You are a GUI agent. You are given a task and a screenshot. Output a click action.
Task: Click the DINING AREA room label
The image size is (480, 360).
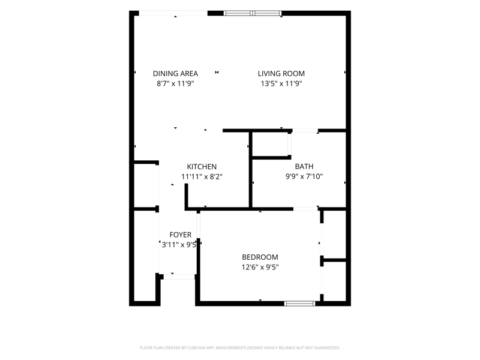click(175, 73)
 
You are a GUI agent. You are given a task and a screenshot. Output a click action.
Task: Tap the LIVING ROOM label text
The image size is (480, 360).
click(281, 73)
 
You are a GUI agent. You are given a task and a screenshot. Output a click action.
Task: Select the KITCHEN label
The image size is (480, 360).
click(202, 167)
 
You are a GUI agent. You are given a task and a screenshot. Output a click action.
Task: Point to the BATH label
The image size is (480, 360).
click(304, 166)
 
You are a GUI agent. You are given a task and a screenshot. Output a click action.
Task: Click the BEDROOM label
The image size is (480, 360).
click(260, 257)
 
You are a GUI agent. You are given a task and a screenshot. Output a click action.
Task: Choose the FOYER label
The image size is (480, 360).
click(181, 235)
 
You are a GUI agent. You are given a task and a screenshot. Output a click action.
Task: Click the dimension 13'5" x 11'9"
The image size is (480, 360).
click(281, 83)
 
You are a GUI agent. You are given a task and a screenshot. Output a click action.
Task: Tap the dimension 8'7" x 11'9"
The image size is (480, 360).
click(175, 83)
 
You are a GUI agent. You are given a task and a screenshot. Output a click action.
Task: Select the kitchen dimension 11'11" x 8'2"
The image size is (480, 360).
click(202, 176)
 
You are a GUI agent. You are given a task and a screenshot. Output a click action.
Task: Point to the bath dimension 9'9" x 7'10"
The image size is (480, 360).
click(304, 176)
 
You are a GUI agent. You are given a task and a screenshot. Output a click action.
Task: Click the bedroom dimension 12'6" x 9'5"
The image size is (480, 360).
click(260, 267)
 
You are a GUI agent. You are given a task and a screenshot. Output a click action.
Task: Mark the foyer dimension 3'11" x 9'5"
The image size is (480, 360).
click(179, 245)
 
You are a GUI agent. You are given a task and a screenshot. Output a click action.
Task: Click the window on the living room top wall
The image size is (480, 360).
click(253, 13)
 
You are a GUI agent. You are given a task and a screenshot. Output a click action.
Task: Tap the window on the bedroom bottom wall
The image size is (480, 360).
click(299, 304)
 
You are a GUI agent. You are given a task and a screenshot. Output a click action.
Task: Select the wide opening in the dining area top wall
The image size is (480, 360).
click(173, 13)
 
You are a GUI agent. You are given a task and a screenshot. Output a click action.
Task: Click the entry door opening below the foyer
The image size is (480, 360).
click(179, 277)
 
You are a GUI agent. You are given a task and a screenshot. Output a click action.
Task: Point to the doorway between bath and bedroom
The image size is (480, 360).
click(305, 209)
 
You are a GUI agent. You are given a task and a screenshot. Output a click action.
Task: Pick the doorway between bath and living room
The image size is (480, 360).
click(305, 131)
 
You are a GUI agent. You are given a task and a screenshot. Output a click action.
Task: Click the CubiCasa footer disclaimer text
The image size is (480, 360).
click(239, 348)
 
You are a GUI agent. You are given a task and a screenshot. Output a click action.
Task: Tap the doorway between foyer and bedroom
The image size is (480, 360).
click(199, 226)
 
